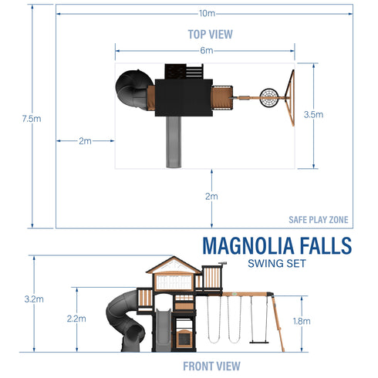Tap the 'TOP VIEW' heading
[x=210, y=34]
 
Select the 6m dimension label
[x=206, y=50]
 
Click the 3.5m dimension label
[x=313, y=115]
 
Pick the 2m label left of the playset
[x=85, y=141]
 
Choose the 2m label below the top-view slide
[x=211, y=197]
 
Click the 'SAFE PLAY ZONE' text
[x=318, y=220]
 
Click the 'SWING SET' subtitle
[x=276, y=264]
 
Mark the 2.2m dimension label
[x=76, y=317]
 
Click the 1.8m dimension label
[x=302, y=321]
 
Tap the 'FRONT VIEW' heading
[x=211, y=366]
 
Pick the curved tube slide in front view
[x=126, y=320]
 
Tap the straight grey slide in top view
[x=174, y=143]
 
